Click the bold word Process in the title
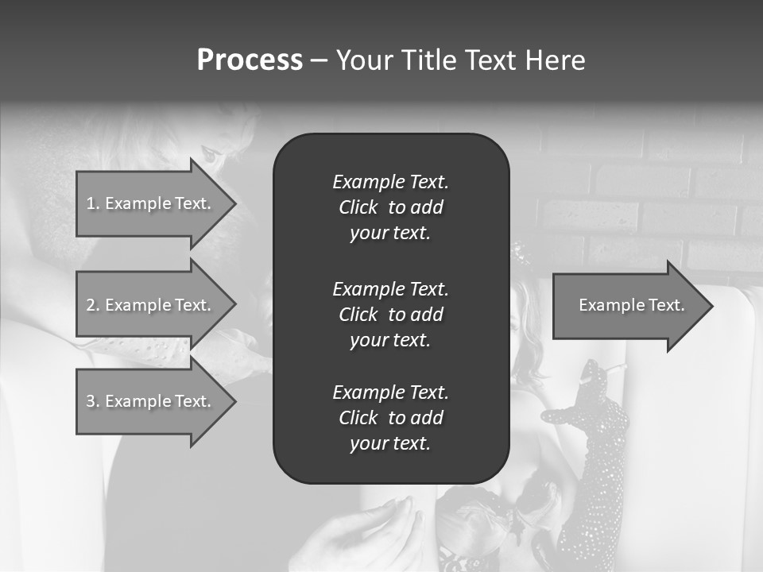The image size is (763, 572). (x=250, y=60)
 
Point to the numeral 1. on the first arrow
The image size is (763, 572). (x=93, y=203)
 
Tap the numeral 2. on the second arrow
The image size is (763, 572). (x=93, y=305)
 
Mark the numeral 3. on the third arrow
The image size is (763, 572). (x=93, y=401)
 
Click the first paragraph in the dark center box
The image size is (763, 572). (x=390, y=207)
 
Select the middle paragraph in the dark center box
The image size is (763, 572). (x=390, y=315)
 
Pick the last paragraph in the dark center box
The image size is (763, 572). (x=390, y=418)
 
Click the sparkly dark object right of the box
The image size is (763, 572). (x=592, y=445)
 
